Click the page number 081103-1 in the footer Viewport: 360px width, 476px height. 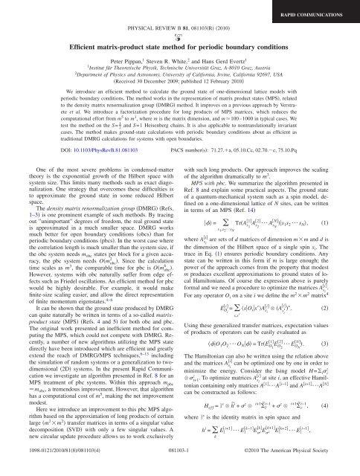179,469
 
